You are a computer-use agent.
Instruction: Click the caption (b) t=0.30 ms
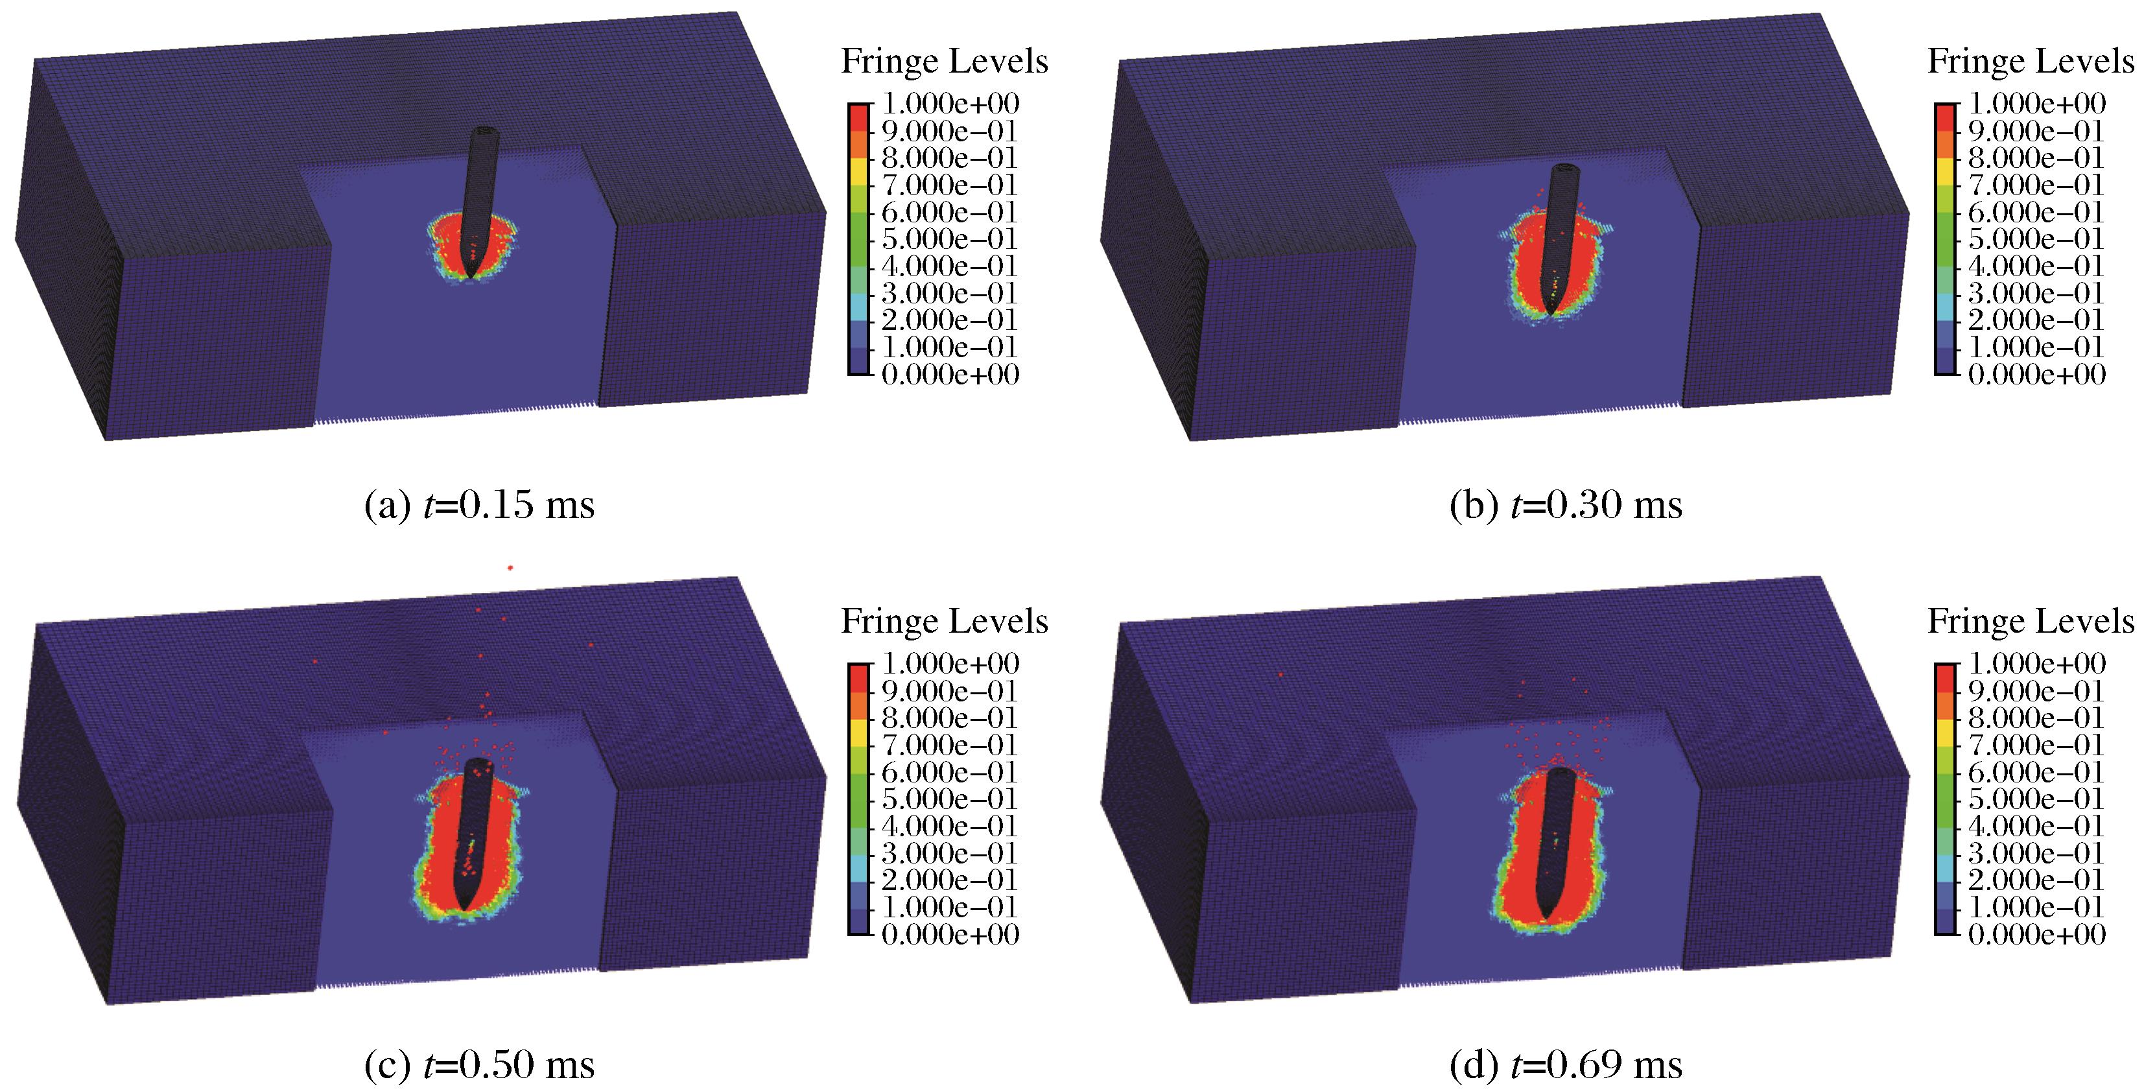pos(1566,505)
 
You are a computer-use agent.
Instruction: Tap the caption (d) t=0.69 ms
pos(1566,1065)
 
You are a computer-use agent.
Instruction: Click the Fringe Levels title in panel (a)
pos(944,61)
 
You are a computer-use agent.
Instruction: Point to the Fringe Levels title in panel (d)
pos(2031,621)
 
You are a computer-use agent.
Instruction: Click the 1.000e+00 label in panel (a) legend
pos(950,104)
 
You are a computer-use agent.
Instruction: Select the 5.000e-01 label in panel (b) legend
pos(2036,239)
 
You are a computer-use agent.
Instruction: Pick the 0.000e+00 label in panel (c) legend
pos(950,935)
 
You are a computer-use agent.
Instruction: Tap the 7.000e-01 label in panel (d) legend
pos(2036,745)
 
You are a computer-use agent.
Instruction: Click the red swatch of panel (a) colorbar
pos(858,117)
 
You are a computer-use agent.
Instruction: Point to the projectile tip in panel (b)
pos(1549,314)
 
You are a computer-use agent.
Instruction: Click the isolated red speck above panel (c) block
pos(510,568)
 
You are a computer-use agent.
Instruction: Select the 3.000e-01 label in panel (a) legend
pos(950,293)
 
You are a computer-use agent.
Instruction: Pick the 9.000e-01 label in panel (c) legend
pos(950,691)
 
